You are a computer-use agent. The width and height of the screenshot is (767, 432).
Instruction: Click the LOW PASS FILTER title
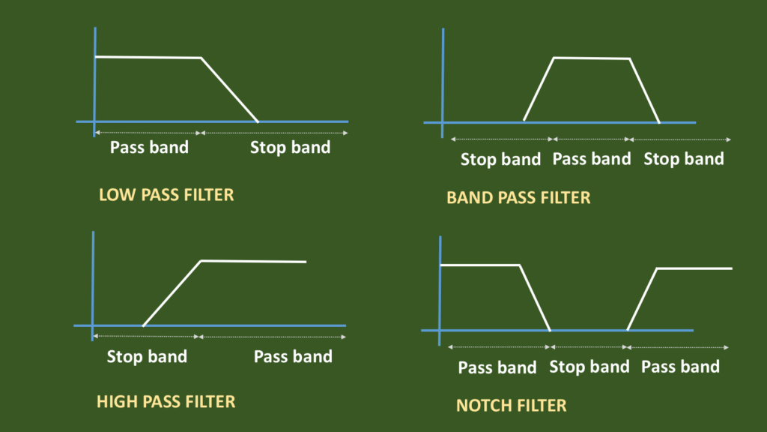click(166, 195)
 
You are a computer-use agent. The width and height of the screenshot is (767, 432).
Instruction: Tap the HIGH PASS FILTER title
click(166, 402)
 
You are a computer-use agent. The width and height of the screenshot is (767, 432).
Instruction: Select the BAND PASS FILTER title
click(518, 197)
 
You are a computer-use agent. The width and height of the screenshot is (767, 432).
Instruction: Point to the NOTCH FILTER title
click(511, 406)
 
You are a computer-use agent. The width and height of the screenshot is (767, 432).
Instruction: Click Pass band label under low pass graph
click(149, 148)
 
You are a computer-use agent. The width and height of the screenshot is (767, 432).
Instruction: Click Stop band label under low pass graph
click(290, 148)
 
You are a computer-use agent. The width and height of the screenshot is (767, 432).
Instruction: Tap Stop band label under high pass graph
click(147, 356)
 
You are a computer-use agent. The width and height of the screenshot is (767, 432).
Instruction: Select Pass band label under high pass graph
click(293, 356)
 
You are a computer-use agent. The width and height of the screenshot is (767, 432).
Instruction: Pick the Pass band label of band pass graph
click(592, 159)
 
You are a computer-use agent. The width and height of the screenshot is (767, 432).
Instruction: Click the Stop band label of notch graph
click(589, 367)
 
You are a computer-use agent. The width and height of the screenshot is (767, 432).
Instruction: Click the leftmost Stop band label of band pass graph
click(500, 159)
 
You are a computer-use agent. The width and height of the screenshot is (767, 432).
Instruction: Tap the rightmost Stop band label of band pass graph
click(684, 159)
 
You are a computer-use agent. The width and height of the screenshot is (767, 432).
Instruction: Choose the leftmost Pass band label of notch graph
click(497, 367)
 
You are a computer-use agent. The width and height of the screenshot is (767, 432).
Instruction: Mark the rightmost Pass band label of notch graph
click(680, 367)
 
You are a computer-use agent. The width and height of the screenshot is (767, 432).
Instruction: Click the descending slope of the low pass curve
click(229, 90)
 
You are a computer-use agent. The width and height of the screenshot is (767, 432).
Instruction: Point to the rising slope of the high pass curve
click(172, 293)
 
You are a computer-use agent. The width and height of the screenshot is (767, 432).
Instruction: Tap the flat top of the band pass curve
click(592, 58)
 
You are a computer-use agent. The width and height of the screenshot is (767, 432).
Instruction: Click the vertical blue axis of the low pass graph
click(95, 82)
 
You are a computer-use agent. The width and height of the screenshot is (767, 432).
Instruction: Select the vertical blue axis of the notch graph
click(440, 291)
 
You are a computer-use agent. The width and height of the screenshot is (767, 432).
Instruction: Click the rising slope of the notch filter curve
click(642, 299)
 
